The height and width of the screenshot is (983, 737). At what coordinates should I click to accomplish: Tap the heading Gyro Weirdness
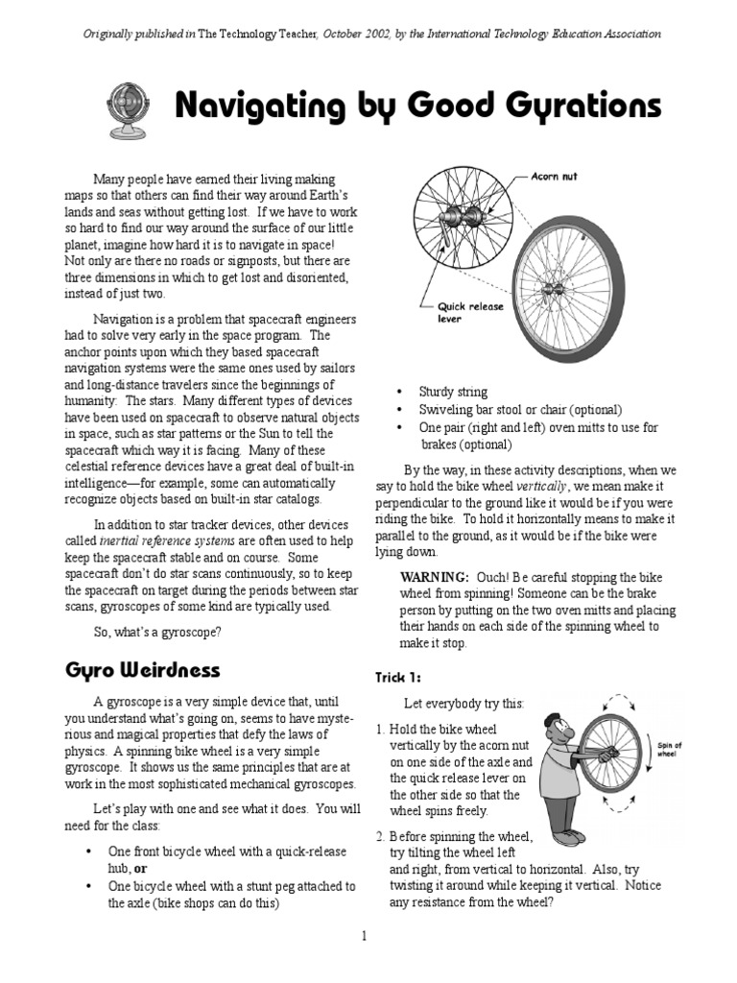pyautogui.click(x=142, y=669)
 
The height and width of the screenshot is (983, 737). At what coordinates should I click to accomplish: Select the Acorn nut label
pyautogui.click(x=555, y=178)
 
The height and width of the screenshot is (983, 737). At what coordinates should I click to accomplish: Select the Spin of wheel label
pyautogui.click(x=669, y=749)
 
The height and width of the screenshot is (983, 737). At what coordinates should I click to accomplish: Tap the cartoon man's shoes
pyautogui.click(x=567, y=835)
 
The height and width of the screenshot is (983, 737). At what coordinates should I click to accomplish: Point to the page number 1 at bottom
pyautogui.click(x=365, y=936)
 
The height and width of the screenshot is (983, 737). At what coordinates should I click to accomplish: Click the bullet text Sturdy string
pyautogui.click(x=453, y=392)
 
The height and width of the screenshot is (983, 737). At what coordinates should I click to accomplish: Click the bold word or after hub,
pyautogui.click(x=139, y=868)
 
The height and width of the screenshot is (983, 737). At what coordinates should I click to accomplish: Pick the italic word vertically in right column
pyautogui.click(x=544, y=487)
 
